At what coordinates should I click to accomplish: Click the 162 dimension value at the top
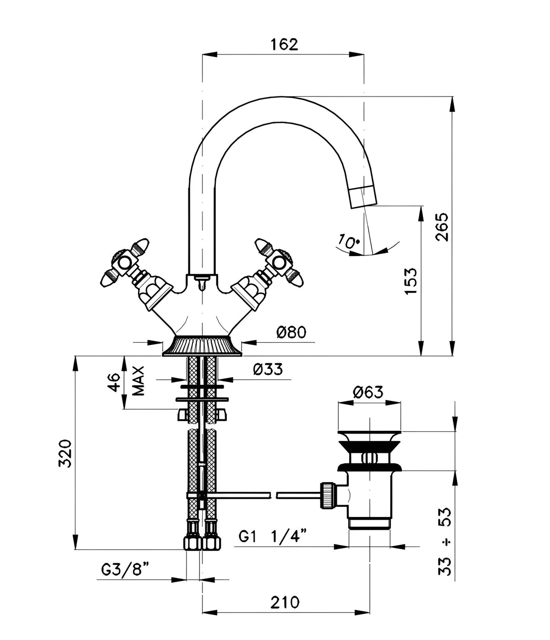coord(284,45)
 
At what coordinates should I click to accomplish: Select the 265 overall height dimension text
coord(441,227)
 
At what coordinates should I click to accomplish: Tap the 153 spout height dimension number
coord(411,281)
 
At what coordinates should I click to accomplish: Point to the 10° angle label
coord(349,241)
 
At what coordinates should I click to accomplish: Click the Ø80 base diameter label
coord(291,332)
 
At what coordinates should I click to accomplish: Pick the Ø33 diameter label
coord(268,369)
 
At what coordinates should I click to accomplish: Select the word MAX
coord(138,381)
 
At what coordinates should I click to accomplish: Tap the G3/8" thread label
coord(125,569)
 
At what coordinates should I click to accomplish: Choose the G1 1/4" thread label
coord(272,536)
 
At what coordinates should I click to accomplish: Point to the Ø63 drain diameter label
coord(368,392)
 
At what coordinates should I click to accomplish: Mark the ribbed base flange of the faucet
coord(202,346)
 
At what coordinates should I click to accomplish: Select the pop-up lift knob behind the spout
coord(202,283)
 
